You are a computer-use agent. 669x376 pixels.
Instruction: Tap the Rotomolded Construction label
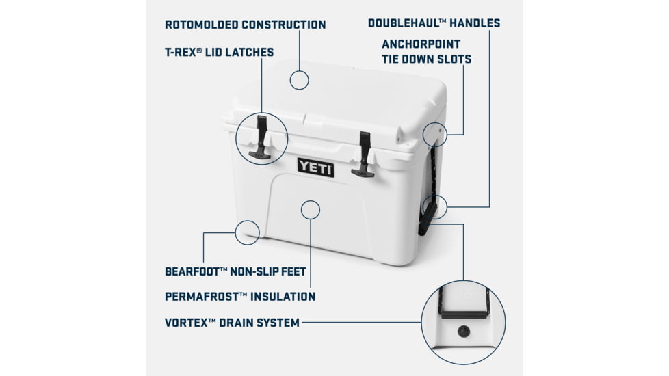click(245, 25)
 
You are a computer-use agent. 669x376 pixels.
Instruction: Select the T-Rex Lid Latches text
click(219, 52)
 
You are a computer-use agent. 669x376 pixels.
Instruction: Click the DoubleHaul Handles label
click(434, 23)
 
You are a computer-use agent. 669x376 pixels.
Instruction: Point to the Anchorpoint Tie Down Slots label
click(426, 52)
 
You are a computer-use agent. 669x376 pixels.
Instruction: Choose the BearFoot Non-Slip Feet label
click(235, 271)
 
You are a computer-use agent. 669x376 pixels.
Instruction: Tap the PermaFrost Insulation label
click(240, 297)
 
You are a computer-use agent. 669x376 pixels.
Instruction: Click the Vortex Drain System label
click(232, 322)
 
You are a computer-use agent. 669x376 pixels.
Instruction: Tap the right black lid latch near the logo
click(363, 155)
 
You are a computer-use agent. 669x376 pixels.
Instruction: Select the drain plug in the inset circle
click(463, 332)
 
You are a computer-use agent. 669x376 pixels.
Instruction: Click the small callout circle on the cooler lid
click(299, 79)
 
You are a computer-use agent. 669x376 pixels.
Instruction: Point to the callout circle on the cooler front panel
click(311, 209)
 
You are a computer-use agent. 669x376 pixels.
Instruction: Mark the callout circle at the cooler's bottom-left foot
click(247, 232)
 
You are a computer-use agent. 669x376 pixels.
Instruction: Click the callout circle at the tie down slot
click(435, 134)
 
